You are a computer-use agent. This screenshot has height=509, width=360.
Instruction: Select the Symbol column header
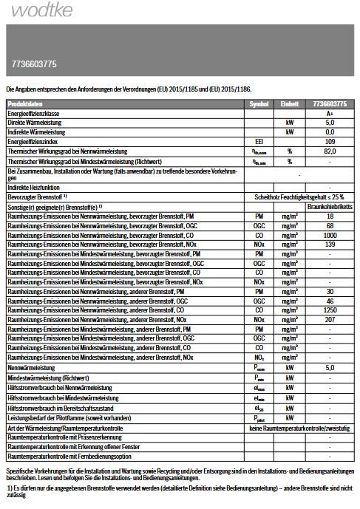[259, 104]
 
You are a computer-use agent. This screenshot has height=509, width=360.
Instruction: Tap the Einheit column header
[291, 104]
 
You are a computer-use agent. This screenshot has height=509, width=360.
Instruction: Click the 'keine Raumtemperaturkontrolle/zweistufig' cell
[299, 428]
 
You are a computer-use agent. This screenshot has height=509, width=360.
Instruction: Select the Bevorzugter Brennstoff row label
[37, 197]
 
